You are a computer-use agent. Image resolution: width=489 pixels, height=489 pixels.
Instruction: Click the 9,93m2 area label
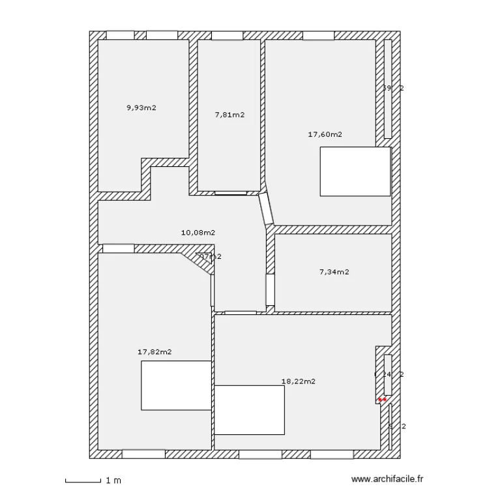tap(141, 108)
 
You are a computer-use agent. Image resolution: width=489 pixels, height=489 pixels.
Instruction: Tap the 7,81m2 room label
tap(230, 115)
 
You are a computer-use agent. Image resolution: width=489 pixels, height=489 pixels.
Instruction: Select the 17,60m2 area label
tap(325, 135)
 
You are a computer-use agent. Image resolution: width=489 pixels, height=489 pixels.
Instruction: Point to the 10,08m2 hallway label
tap(198, 232)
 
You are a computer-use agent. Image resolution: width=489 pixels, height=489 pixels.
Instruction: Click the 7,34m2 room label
tap(334, 272)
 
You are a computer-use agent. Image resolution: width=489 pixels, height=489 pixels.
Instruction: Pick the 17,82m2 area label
tap(155, 352)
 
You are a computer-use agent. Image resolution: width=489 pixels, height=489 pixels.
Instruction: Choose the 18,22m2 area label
tap(298, 381)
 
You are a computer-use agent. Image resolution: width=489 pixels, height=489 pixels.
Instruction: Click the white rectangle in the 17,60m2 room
tap(355, 171)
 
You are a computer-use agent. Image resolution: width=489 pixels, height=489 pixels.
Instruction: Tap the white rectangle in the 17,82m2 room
tap(176, 385)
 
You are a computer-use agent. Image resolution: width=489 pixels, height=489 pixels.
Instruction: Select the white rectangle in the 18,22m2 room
tap(250, 409)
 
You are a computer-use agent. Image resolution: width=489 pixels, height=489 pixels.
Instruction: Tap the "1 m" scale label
tap(113, 481)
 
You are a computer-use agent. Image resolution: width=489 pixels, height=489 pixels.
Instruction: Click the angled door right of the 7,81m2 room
tap(265, 209)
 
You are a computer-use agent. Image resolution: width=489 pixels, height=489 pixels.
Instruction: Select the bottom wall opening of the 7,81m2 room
tap(231, 193)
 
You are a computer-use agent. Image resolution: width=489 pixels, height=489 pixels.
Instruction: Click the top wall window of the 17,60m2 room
tap(319, 35)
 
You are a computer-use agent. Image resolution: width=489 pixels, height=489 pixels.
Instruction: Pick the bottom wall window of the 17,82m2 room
tap(143, 454)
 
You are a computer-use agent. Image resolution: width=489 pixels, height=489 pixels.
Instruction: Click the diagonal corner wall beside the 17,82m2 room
tap(195, 261)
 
